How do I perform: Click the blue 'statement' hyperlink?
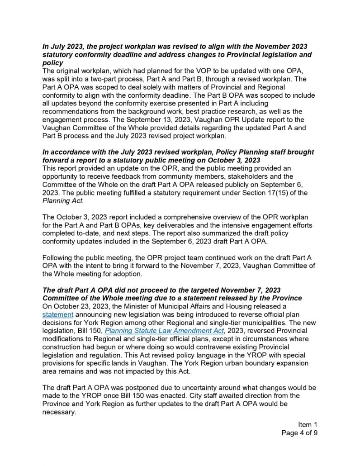58,314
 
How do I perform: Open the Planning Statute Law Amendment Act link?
164,331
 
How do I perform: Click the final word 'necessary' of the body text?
59,412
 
